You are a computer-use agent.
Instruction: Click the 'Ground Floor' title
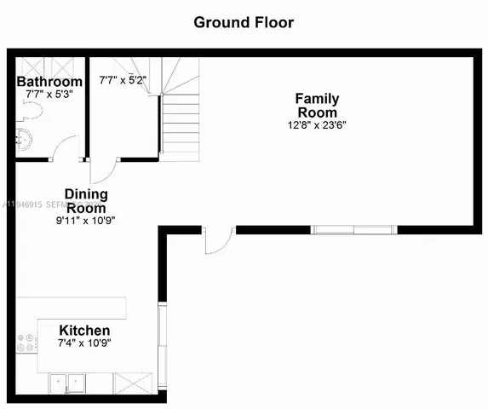pos(244,22)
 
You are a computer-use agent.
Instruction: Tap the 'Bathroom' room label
pos(50,83)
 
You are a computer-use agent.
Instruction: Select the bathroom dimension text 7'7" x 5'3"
pos(50,95)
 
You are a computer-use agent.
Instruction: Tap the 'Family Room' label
pos(316,106)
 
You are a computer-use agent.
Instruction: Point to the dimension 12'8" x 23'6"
pos(316,125)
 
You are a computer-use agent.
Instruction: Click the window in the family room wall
pos(353,229)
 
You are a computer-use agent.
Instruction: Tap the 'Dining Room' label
pos(86,201)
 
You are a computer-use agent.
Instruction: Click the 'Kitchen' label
pos(83,331)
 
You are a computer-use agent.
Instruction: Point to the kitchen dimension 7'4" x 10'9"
pos(83,344)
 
